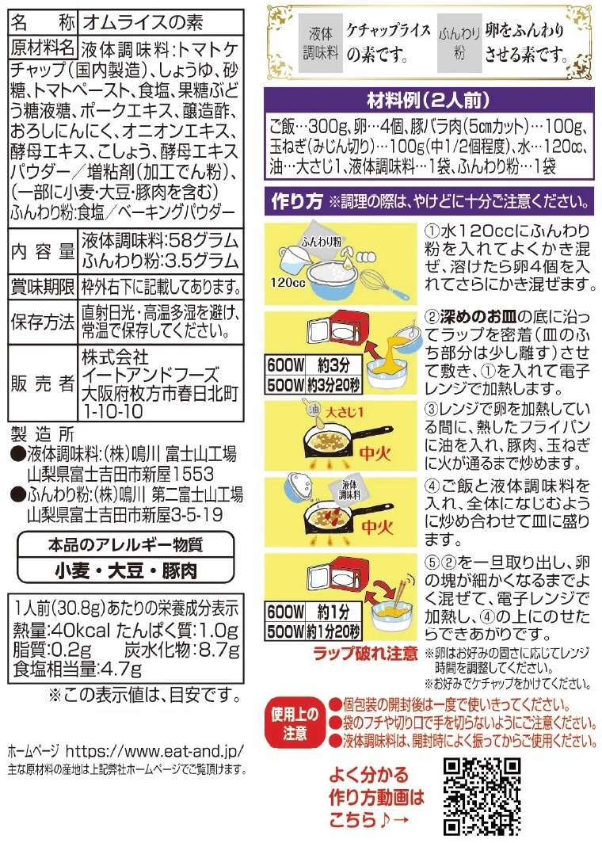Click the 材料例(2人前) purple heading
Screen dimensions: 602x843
pyautogui.click(x=429, y=100)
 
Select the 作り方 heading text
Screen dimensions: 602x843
pyautogui.click(x=297, y=201)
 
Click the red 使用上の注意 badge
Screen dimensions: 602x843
pyautogui.click(x=295, y=723)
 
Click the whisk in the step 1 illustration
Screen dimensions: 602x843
pyautogui.click(x=383, y=285)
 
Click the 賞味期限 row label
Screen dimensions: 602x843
pyautogui.click(x=43, y=287)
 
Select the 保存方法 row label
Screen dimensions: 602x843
pyautogui.click(x=43, y=322)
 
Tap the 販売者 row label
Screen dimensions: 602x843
pyautogui.click(x=43, y=383)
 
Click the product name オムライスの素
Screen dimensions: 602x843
pyautogui.click(x=143, y=22)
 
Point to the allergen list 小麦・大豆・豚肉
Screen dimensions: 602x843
pyautogui.click(x=126, y=570)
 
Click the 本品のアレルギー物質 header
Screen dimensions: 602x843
pyautogui.click(x=126, y=544)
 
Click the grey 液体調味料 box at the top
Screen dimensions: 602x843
pyautogui.click(x=320, y=43)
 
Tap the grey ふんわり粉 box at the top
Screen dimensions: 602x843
pyautogui.click(x=459, y=43)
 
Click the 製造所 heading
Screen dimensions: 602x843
pyautogui.click(x=43, y=434)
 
